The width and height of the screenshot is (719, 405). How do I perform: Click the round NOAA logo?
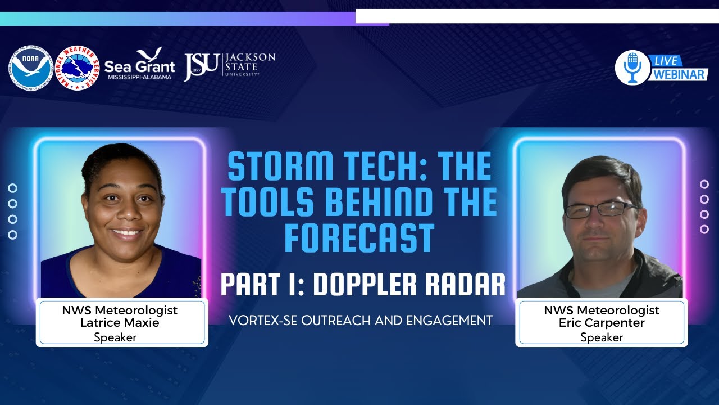[30, 68]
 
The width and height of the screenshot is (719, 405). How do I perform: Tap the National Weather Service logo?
[78, 68]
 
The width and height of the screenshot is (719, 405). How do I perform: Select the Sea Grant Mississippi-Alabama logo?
[140, 64]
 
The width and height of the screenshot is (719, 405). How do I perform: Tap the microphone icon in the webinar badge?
[632, 67]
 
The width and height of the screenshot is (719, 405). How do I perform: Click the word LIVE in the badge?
[667, 60]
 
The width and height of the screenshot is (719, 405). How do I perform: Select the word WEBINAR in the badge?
[679, 74]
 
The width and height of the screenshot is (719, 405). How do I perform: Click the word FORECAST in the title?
[359, 238]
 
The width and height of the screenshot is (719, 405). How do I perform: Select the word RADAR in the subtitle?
[466, 285]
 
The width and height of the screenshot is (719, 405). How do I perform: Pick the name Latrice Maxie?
[120, 323]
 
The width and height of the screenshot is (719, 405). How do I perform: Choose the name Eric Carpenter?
[602, 323]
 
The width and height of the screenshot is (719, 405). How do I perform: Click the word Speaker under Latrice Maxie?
[116, 337]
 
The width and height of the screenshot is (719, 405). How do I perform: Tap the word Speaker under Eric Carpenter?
[602, 337]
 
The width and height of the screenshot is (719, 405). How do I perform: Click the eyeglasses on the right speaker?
[600, 210]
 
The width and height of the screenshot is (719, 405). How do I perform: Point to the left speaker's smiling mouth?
[127, 232]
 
